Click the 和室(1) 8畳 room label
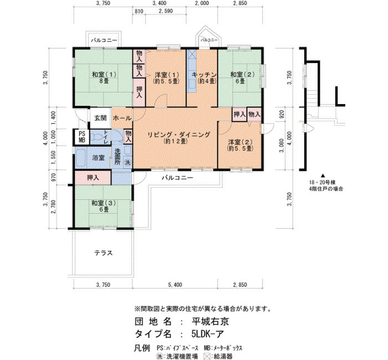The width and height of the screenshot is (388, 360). [104, 78]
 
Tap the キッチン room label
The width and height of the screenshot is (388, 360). [204, 74]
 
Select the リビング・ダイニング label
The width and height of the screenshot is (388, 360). [178, 135]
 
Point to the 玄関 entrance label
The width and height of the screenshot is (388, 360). [100, 118]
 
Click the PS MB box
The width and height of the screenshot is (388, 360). [82, 137]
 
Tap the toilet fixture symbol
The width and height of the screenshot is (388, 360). [96, 136]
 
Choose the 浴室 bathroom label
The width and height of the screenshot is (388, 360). [98, 157]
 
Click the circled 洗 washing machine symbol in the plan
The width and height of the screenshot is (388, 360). [127, 163]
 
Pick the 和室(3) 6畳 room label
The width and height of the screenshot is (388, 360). [104, 206]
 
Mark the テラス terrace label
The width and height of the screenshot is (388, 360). [104, 253]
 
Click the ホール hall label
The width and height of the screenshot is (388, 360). [122, 118]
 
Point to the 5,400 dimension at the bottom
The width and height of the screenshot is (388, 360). [175, 285]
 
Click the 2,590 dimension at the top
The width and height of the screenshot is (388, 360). [166, 11]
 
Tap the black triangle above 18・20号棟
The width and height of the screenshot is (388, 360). [323, 176]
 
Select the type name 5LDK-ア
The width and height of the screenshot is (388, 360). [207, 334]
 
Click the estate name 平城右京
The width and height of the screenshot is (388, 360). [210, 321]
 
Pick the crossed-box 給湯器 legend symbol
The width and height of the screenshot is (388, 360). [206, 356]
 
